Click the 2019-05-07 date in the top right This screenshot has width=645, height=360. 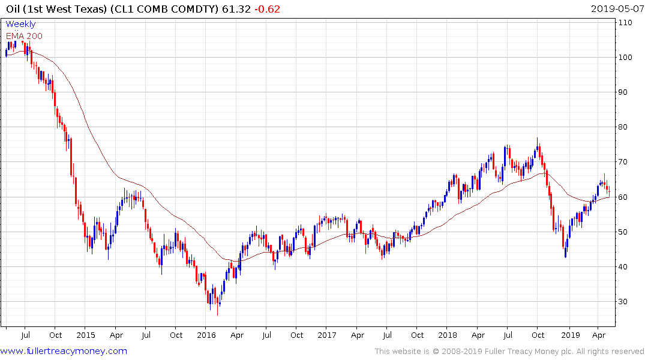coord(616,9)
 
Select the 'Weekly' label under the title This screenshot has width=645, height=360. coord(20,25)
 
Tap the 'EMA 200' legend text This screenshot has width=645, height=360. coord(24,35)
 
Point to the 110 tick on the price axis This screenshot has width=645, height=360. coord(626,23)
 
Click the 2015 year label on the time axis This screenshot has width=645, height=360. coord(86,335)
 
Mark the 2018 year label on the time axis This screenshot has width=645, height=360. coord(448,335)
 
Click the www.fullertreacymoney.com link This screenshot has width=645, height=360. coord(64,351)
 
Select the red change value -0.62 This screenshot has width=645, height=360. coord(266,9)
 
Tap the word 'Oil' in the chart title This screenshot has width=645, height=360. coord(13,9)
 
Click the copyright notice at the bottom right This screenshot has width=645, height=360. coord(509,352)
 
